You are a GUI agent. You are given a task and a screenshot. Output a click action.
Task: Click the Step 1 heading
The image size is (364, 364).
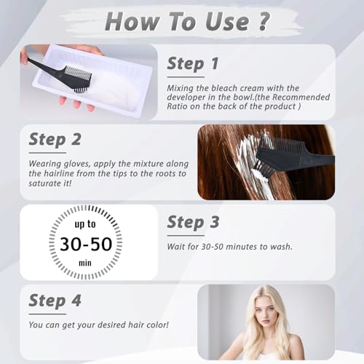(x=193, y=63)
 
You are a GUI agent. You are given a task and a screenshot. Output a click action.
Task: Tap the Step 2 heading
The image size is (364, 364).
(x=55, y=138)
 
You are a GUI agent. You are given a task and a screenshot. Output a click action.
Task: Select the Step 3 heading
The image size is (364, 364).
(x=194, y=222)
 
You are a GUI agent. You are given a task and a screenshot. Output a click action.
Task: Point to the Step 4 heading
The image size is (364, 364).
(x=55, y=300)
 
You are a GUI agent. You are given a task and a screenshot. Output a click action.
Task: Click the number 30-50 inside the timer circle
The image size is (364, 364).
(x=87, y=243)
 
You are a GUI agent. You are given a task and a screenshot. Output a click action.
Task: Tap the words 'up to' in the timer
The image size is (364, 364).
(x=87, y=222)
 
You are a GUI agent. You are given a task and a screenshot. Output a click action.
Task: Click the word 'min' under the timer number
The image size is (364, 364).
(x=87, y=262)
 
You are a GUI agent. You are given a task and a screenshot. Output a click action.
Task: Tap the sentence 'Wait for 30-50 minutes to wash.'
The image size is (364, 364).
(x=230, y=247)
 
